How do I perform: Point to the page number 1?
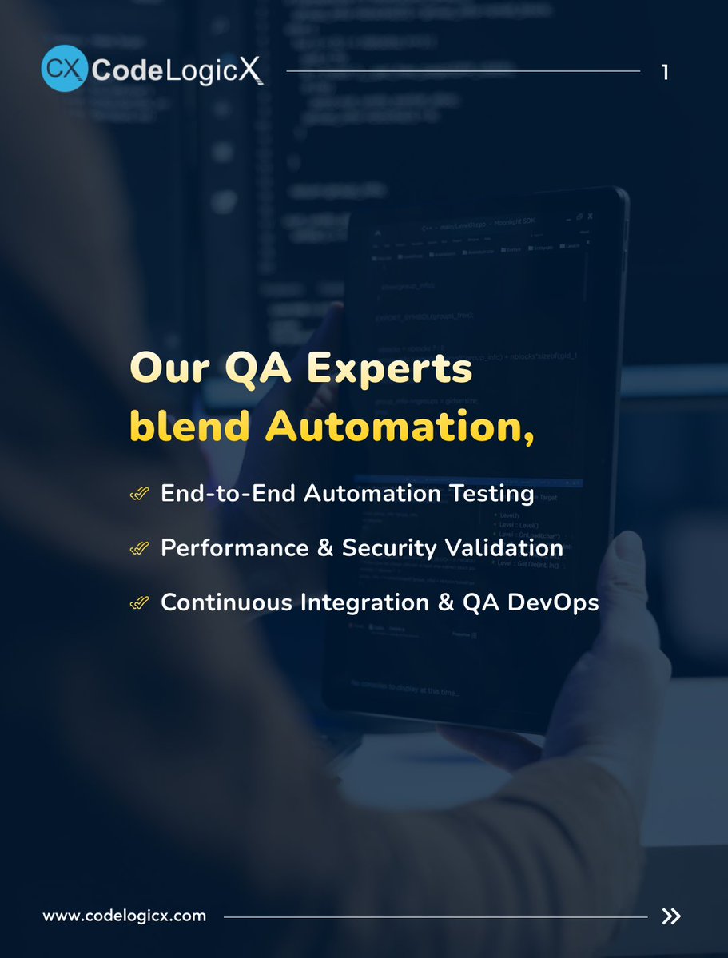coord(665,73)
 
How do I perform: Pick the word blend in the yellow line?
coord(190,426)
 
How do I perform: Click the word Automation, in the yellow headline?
coord(400,427)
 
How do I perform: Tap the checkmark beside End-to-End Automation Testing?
coord(139,495)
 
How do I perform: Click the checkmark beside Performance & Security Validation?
coord(139,549)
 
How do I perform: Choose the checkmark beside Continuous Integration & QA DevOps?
coord(139,603)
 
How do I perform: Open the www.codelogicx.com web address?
coord(124,916)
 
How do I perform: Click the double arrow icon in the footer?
coord(671,916)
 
